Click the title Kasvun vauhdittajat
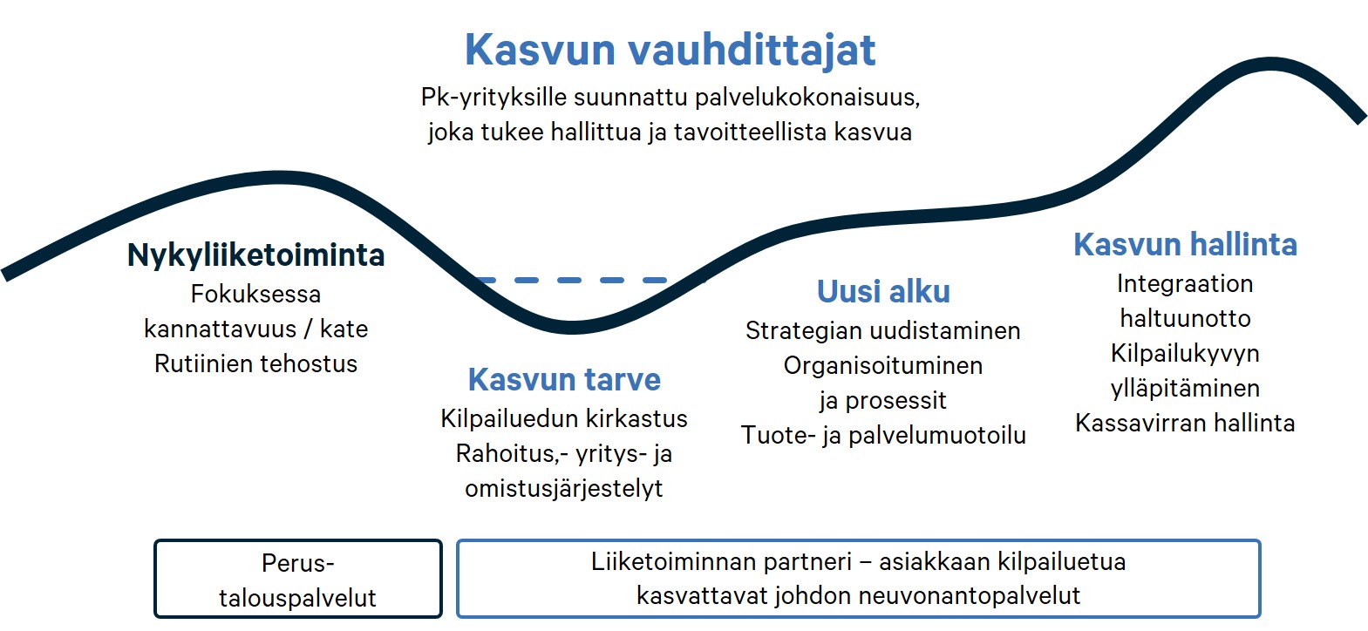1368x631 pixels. coord(670,50)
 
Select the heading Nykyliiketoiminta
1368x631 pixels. coord(255,255)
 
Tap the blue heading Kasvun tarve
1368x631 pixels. coord(564,380)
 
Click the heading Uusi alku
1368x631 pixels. coord(884,291)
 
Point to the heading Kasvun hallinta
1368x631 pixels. coord(1186,245)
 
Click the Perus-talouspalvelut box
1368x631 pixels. coord(298,579)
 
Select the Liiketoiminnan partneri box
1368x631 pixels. coord(859,579)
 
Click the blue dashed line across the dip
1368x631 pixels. coord(572,280)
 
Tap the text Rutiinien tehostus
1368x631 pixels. coord(255,363)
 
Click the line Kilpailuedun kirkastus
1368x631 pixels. coord(564,418)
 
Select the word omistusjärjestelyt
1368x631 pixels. coord(564,489)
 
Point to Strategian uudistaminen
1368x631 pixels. coord(883,331)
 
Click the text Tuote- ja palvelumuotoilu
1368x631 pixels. coord(884,436)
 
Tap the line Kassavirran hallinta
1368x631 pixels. coord(1186,423)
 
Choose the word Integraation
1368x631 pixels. coord(1186,284)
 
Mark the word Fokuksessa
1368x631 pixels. coord(255,294)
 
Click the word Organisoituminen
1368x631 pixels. coord(883,366)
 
